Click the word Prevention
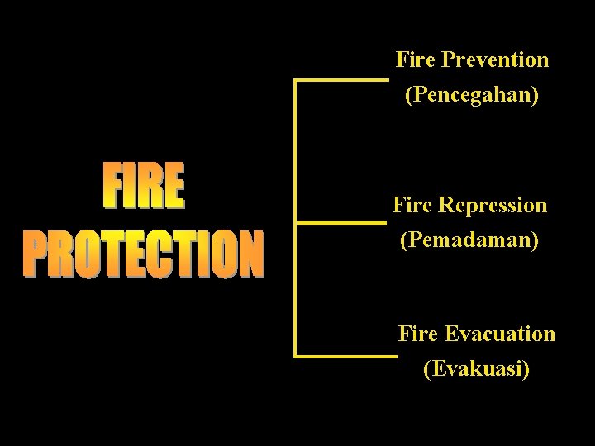click(x=496, y=60)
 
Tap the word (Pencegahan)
click(x=472, y=97)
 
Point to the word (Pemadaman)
click(x=469, y=240)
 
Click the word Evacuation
click(x=501, y=334)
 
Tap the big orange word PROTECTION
click(x=144, y=254)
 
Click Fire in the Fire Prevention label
click(x=416, y=60)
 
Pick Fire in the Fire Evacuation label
click(x=418, y=334)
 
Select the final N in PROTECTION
click(x=250, y=255)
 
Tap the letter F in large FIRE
click(x=115, y=189)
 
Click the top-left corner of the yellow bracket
click(x=297, y=81)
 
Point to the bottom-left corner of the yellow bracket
click(x=297, y=356)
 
